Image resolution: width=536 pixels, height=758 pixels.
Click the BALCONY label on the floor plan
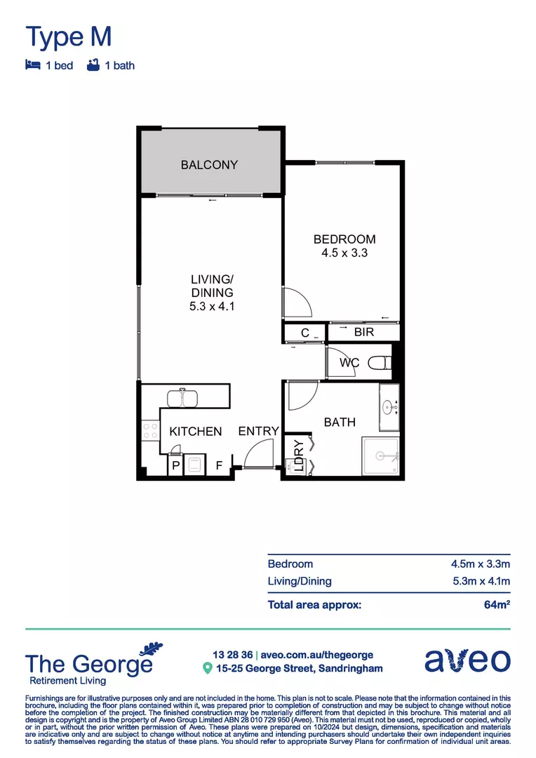coord(209,165)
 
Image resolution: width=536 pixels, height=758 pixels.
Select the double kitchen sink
coord(183,398)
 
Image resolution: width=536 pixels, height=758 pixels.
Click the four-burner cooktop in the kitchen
coord(150,430)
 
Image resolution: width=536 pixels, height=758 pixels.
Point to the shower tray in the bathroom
coord(380,457)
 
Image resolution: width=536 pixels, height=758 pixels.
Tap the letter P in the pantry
coord(175,465)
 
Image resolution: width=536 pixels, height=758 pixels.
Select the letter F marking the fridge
coord(219,465)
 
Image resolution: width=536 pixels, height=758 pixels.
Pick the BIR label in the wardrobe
coord(364,332)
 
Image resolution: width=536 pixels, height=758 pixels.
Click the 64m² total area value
coord(497,604)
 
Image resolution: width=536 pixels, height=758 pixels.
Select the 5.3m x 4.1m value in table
coord(480,581)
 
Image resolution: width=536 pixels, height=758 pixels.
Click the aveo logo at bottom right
coord(468,660)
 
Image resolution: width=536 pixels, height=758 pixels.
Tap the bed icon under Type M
coord(32,65)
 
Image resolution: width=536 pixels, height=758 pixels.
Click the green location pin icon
coord(207,668)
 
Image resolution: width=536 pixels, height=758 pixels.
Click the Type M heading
coord(68,36)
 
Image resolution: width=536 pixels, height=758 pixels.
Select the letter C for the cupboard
coord(305,332)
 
